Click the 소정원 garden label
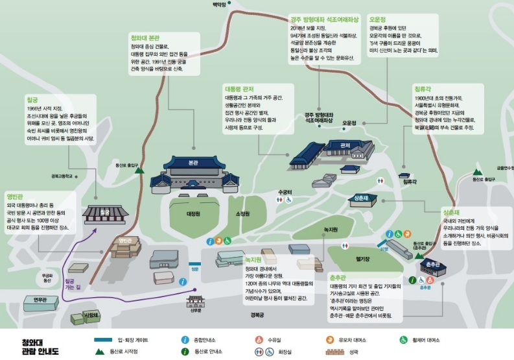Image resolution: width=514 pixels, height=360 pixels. pyautogui.click(x=243, y=213)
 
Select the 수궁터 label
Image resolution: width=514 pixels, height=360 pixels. pyautogui.click(x=286, y=192)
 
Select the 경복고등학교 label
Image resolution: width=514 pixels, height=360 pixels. pyautogui.click(x=63, y=176)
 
